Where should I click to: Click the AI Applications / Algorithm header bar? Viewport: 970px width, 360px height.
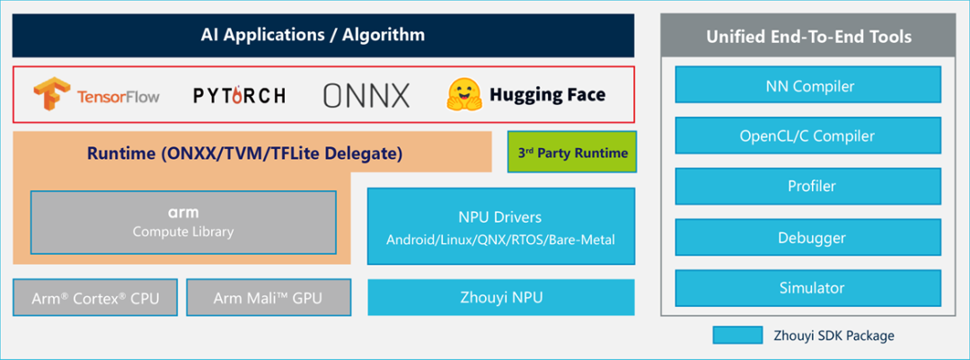[x=323, y=36]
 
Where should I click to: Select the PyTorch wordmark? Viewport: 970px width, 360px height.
[x=240, y=94]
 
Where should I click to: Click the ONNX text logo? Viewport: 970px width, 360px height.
[x=366, y=94]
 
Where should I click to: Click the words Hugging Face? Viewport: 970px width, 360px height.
[x=547, y=94]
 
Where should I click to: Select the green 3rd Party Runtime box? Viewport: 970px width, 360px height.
[x=571, y=153]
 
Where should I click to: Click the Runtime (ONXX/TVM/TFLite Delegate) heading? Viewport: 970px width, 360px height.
[x=244, y=154]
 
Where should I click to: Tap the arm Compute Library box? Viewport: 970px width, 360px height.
[x=183, y=222]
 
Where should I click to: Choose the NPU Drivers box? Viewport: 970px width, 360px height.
[x=500, y=227]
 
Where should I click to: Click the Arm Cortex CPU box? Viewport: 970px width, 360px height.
[x=95, y=298]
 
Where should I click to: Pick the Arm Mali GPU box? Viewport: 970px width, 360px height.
[x=268, y=298]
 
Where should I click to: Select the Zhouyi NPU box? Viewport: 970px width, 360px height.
[x=500, y=298]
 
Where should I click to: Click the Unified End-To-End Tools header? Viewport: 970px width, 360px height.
[x=808, y=37]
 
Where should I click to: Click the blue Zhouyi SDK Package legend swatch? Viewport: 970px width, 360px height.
[x=737, y=336]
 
